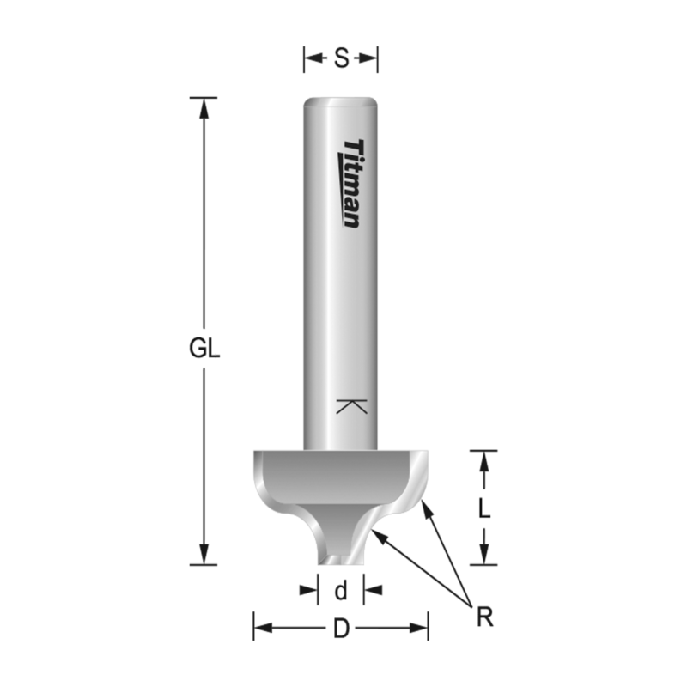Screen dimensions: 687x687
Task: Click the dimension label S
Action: point(341,59)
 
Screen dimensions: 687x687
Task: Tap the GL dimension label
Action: point(204,350)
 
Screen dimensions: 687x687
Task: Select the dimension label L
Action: point(484,508)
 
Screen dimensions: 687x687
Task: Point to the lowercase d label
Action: point(341,591)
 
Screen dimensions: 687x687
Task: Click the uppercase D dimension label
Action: point(341,629)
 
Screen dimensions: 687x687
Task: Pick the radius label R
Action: point(485,617)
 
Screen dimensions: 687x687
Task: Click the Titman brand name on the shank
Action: point(351,184)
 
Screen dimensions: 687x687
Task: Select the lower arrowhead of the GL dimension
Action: point(204,556)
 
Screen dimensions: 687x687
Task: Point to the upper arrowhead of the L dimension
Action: point(484,459)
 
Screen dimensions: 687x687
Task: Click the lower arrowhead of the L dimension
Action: point(484,556)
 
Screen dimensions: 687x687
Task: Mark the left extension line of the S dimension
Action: point(304,59)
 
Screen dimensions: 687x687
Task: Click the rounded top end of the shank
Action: point(341,100)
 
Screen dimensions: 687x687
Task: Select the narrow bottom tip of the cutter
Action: point(340,560)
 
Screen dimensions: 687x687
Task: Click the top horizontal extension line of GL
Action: point(204,97)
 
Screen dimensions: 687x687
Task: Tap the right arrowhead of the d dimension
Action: point(371,590)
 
